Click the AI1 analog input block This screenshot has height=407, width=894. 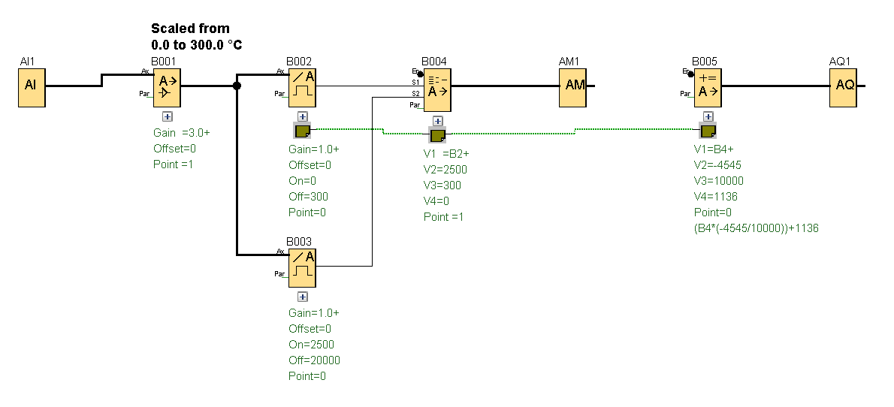(x=31, y=85)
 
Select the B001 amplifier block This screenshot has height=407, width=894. (x=168, y=86)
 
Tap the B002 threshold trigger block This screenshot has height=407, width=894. (x=303, y=86)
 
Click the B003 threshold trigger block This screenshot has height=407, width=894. (x=303, y=267)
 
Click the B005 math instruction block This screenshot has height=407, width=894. (x=708, y=86)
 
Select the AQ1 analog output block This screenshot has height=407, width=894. (x=844, y=85)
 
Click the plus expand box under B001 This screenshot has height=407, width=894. (x=168, y=116)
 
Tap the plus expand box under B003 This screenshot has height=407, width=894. (x=303, y=297)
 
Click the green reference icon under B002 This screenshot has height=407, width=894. (x=303, y=132)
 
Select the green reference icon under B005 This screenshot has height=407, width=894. (x=708, y=132)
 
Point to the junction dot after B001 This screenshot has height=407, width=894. (x=237, y=86)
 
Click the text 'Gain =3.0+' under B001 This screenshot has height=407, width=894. (x=182, y=133)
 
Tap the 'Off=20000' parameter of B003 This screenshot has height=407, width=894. (x=314, y=360)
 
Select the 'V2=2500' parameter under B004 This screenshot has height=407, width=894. (x=445, y=170)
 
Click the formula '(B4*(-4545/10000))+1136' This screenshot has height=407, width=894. (x=756, y=228)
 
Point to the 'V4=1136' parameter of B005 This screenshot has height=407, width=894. (x=716, y=197)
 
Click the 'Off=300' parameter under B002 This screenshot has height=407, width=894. (x=308, y=197)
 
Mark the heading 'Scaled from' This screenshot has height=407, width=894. (x=190, y=29)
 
